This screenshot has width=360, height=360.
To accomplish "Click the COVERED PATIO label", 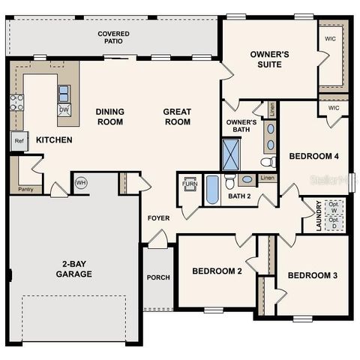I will point(113,38).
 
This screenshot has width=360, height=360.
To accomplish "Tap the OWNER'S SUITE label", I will point(265,59).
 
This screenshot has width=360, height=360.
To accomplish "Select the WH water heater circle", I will point(80,182).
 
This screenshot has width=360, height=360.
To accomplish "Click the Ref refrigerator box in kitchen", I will point(19,140).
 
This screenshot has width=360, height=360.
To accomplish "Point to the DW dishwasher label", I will point(64,109).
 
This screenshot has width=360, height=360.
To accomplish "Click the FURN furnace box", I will point(189,184).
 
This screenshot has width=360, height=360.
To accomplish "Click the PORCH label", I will point(158,277).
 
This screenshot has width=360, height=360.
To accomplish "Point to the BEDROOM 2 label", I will point(217,271).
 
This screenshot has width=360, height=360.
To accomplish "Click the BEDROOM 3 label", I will point(312,275).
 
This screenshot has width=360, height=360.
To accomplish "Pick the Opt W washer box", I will point(334,206).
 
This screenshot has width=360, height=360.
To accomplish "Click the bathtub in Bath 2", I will point(212,189).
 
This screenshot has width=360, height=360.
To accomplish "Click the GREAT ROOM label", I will point(178,117).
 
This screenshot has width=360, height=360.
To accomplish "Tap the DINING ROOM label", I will point(109,117).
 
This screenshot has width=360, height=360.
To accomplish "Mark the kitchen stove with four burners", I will point(16,103).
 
